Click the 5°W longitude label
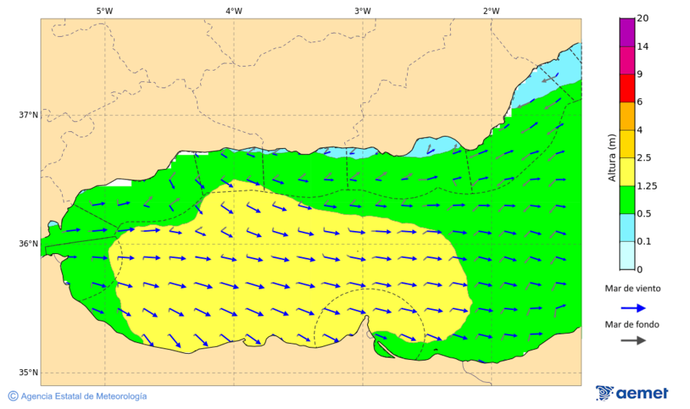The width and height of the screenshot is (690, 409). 104,11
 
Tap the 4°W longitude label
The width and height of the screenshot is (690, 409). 234,11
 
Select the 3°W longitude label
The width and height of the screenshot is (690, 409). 363,11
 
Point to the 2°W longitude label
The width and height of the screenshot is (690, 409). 491,11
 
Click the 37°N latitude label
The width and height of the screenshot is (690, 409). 28,115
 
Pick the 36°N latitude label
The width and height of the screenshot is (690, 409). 28,244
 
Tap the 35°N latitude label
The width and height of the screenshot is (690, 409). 28,373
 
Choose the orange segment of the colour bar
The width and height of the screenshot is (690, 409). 626,116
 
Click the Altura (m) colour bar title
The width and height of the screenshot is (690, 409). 612,158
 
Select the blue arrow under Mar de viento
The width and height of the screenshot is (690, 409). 632,307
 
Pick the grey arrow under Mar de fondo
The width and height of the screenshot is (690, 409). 632,341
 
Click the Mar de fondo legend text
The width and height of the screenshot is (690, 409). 632,325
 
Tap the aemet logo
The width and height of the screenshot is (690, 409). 632,393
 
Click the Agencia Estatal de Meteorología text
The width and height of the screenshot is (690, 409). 83,396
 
